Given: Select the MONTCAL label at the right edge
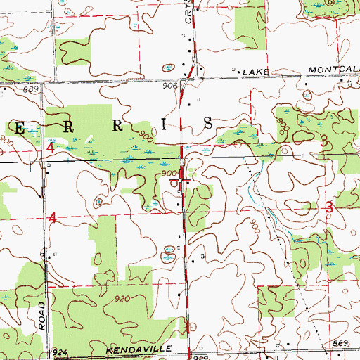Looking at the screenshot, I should point(333,72).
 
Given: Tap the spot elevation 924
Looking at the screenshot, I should point(60,349).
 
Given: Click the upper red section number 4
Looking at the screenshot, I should point(51,150).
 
